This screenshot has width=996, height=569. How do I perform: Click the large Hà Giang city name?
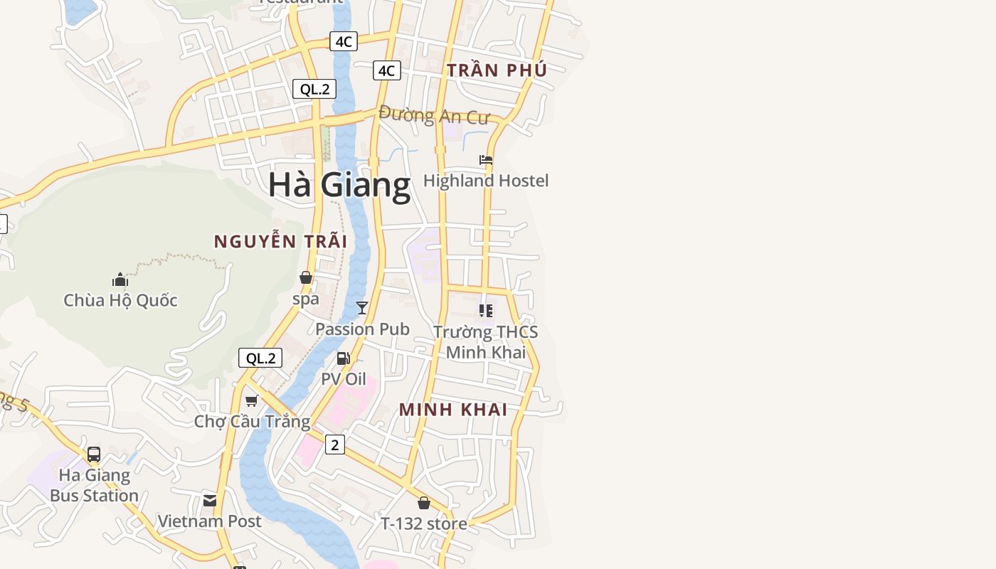[339, 185]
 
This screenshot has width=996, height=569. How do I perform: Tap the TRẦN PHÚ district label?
[497, 70]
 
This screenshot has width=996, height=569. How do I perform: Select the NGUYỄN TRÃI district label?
[280, 242]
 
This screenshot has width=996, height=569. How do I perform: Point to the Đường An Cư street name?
[434, 115]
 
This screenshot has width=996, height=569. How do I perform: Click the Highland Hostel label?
[486, 181]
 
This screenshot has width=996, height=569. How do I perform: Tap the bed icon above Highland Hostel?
[486, 160]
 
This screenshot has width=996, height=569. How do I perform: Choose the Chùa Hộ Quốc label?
[120, 300]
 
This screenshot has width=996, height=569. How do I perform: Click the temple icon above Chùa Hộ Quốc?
[120, 280]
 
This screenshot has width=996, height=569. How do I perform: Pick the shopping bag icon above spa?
[306, 277]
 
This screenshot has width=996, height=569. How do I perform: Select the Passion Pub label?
[362, 329]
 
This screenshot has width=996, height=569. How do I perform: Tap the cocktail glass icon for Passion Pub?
[362, 308]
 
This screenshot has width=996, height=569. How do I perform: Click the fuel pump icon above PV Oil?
[344, 358]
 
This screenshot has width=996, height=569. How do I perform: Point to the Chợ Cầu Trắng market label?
[252, 422]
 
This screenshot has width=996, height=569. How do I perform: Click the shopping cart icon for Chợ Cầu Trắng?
[251, 401]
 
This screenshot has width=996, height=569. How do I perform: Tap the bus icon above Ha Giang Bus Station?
[94, 454]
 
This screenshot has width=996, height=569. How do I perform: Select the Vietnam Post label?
[209, 521]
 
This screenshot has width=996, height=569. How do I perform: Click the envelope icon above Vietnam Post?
[210, 501]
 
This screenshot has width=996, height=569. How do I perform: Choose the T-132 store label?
[423, 524]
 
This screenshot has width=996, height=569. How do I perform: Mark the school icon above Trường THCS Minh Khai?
[486, 310]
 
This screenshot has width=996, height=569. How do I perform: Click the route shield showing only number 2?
[334, 445]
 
